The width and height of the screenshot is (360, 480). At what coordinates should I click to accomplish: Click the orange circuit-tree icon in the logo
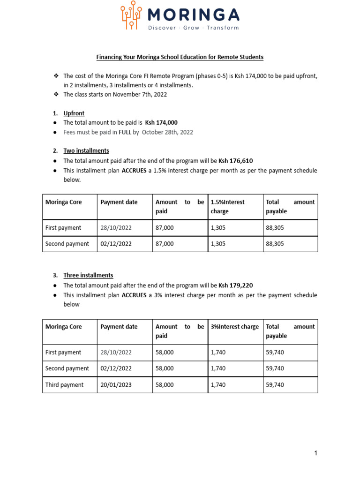click(x=131, y=15)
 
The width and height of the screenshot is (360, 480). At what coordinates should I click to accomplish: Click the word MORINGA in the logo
click(x=193, y=15)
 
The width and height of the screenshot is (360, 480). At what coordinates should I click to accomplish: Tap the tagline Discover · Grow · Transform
click(x=193, y=28)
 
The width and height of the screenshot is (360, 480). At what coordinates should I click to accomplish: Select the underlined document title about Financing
click(x=180, y=57)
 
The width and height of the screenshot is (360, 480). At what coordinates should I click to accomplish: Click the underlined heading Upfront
click(x=74, y=113)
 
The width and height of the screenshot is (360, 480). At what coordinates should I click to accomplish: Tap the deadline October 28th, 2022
click(x=167, y=132)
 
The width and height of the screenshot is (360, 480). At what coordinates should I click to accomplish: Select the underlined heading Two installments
click(x=86, y=151)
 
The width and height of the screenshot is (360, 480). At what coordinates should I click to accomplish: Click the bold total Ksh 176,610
click(x=239, y=160)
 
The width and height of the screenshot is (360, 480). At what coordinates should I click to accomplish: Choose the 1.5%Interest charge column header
click(x=228, y=206)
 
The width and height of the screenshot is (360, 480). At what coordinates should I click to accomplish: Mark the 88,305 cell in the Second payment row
click(x=275, y=244)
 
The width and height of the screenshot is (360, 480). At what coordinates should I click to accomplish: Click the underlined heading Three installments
click(x=88, y=276)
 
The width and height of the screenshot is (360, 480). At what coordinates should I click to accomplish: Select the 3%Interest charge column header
click(x=234, y=327)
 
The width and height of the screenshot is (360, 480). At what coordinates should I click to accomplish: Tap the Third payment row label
click(x=64, y=385)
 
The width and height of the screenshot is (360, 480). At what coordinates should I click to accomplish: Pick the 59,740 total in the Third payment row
click(x=275, y=385)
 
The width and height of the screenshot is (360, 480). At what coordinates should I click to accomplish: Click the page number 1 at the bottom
click(x=316, y=453)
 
